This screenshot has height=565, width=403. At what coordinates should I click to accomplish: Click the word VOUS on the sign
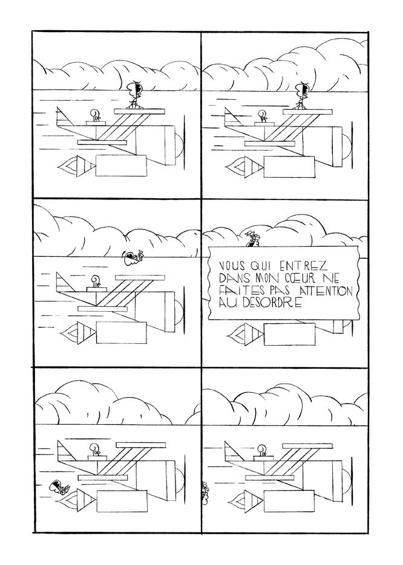(x=231, y=266)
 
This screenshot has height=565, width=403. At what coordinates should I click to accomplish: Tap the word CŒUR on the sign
(x=293, y=278)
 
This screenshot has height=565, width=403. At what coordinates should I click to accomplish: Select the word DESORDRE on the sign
(x=270, y=303)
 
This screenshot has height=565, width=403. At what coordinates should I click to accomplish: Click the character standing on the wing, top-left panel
(x=134, y=94)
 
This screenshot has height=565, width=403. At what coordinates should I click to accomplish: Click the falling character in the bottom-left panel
(x=59, y=487)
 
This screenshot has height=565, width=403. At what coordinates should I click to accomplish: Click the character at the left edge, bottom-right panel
(x=205, y=492)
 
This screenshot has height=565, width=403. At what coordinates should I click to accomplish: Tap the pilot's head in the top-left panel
(x=96, y=115)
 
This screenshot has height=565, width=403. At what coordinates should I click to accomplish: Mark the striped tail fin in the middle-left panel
(x=66, y=284)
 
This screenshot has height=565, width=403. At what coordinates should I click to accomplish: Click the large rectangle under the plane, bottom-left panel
(x=122, y=501)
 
